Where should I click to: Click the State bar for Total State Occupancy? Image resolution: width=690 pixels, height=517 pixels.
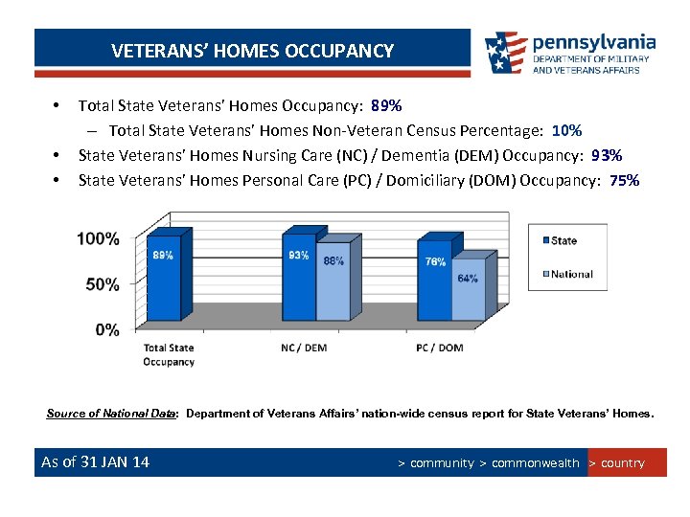click(x=163, y=278)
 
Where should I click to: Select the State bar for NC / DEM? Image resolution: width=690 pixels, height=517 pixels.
click(x=299, y=278)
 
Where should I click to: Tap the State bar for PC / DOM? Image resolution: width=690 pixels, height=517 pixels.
click(x=435, y=282)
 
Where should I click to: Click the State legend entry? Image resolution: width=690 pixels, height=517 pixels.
click(x=563, y=240)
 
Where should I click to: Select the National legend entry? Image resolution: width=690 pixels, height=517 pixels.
click(x=570, y=274)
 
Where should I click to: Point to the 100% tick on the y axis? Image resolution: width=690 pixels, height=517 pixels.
click(x=99, y=238)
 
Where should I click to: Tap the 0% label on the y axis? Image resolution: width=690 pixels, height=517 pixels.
click(x=107, y=329)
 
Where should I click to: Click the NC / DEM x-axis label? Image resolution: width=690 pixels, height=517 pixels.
click(x=304, y=348)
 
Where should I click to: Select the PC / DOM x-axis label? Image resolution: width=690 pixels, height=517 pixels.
click(x=441, y=348)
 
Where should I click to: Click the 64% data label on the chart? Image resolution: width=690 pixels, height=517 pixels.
click(x=468, y=279)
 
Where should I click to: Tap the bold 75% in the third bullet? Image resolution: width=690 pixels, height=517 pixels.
click(x=624, y=180)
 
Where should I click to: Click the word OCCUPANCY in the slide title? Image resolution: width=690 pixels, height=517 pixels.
click(x=342, y=51)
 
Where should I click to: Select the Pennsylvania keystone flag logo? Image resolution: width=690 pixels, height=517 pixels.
click(x=505, y=53)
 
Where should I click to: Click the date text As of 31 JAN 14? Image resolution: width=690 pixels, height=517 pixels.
click(x=95, y=462)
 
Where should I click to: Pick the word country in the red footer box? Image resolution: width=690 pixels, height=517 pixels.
click(x=623, y=463)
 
